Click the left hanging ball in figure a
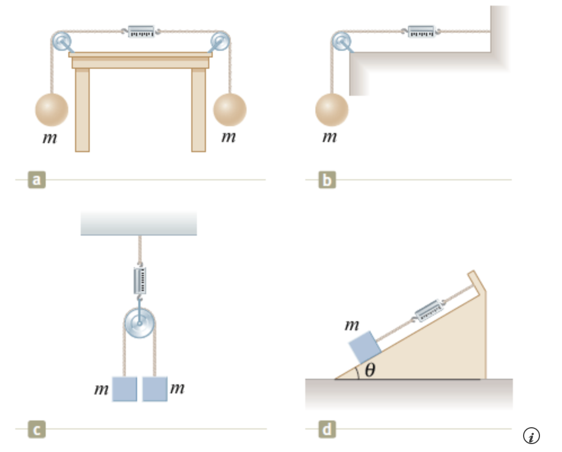[52, 109]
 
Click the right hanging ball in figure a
[230, 109]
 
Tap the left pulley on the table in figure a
[62, 41]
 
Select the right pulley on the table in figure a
[220, 41]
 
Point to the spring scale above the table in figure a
[140, 32]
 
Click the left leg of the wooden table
[82, 109]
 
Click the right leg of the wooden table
[199, 109]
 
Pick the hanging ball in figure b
[332, 109]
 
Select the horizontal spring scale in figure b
[421, 32]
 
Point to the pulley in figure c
[139, 324]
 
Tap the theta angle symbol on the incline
[370, 370]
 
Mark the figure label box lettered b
[327, 180]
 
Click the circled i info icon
[531, 436]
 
